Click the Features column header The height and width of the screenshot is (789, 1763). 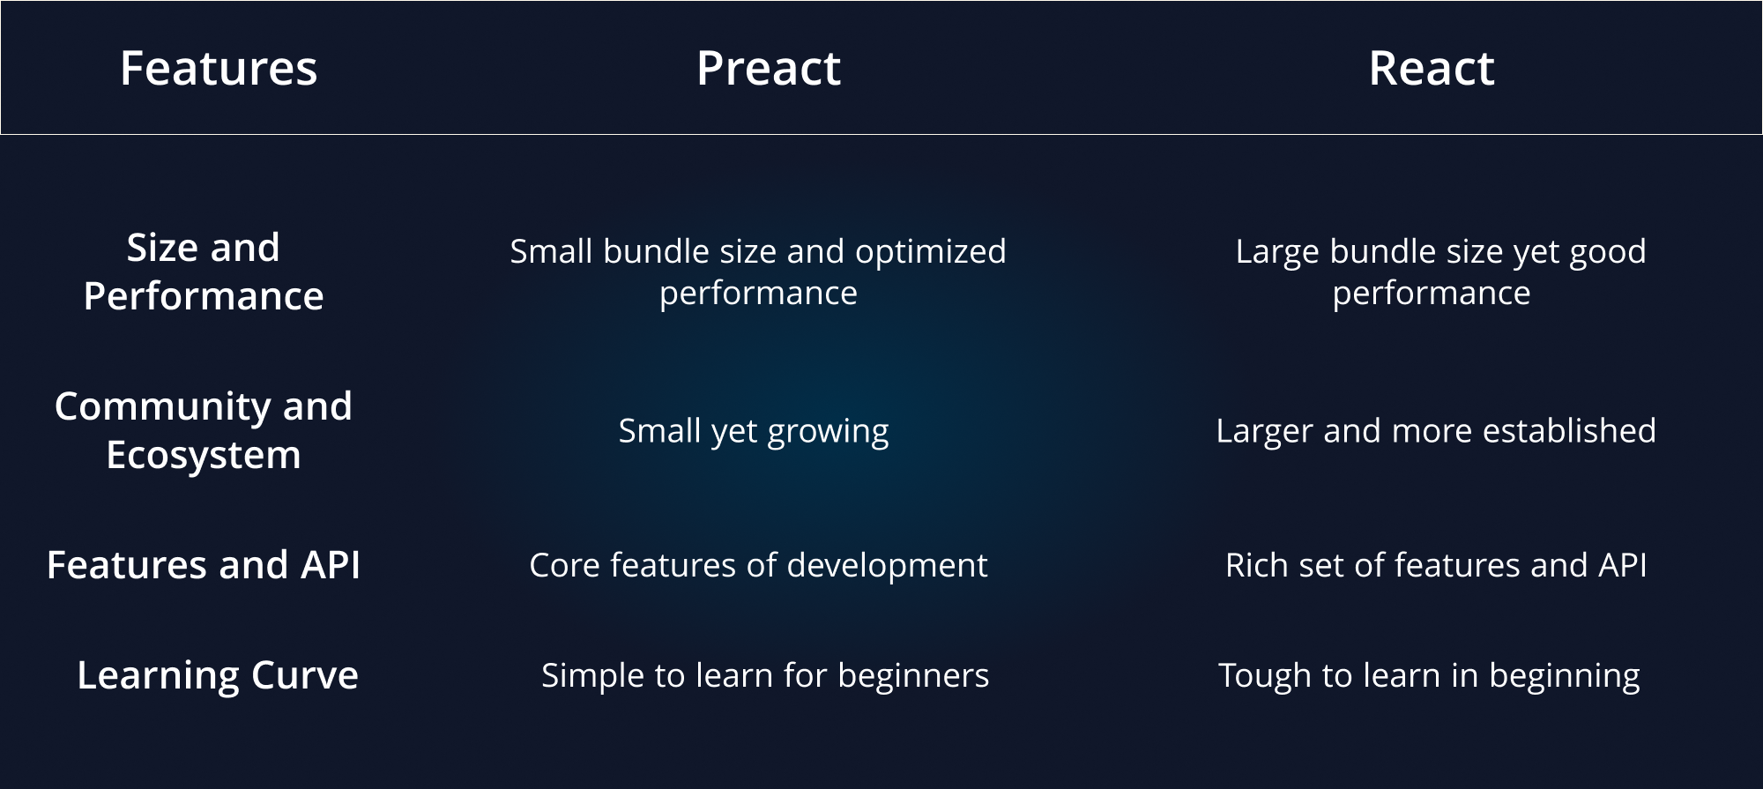[219, 69]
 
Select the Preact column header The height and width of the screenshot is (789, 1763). [769, 69]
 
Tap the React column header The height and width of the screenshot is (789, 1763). [1432, 69]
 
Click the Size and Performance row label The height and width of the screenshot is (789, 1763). [204, 272]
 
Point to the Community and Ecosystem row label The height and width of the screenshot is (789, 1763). [204, 430]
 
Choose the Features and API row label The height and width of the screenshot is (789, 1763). [204, 565]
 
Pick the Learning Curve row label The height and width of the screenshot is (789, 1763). [218, 675]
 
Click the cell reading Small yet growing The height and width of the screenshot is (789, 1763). [754, 431]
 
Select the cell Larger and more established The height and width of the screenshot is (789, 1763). [1436, 431]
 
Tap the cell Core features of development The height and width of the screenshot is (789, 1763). [758, 565]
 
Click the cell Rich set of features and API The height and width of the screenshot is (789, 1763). [1436, 565]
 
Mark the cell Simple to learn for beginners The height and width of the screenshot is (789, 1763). [765, 675]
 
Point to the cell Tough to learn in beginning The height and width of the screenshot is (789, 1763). [1429, 675]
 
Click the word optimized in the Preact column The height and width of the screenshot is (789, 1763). [931, 252]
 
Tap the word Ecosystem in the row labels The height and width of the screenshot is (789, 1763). [204, 456]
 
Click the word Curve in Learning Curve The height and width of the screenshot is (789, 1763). [305, 675]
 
